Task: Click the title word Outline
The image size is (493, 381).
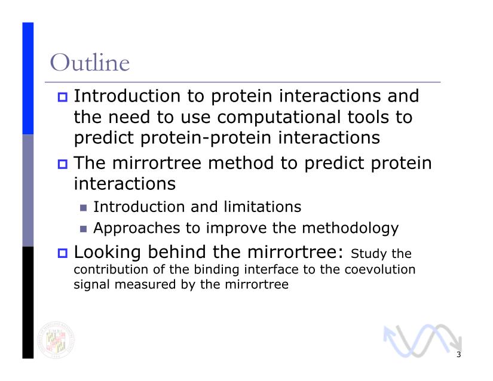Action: [x=90, y=63]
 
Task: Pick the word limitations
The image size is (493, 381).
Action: [x=262, y=207]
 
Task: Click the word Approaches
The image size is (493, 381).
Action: [x=137, y=228]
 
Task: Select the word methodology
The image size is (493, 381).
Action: [x=350, y=228]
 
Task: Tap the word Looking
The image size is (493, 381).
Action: [x=107, y=253]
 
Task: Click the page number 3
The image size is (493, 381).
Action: [x=459, y=355]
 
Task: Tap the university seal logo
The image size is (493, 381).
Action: [x=56, y=340]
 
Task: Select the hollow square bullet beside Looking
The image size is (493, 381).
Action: [x=63, y=253]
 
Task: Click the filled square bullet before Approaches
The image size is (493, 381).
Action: [x=83, y=229]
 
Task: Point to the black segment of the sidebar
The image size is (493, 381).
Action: [x=27, y=303]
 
